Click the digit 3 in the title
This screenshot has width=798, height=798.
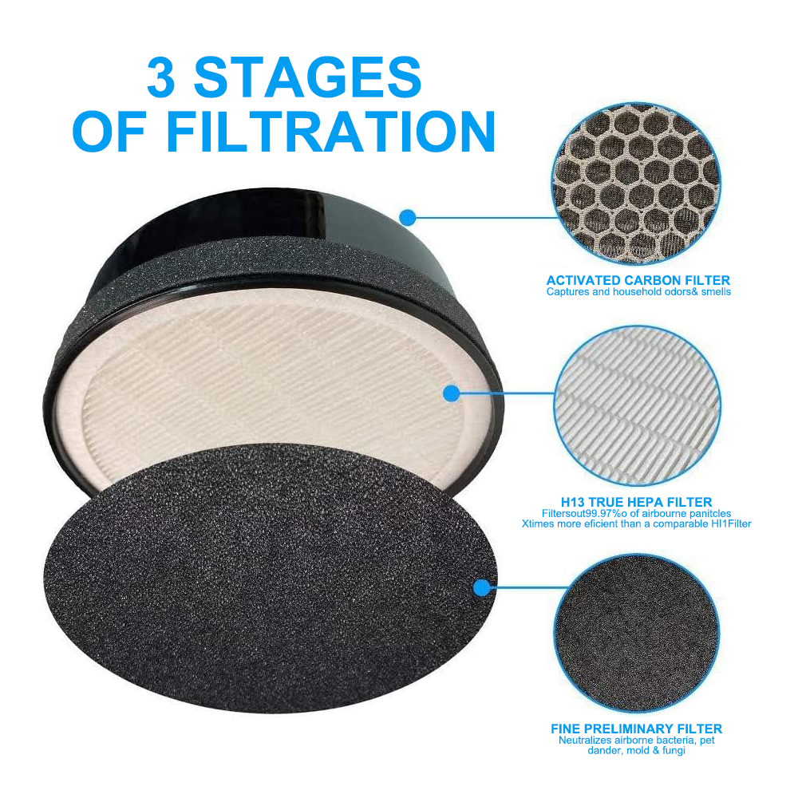(161, 77)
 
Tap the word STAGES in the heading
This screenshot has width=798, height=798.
(307, 77)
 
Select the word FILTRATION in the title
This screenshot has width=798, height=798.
(330, 132)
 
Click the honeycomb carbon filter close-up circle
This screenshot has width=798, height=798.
(636, 184)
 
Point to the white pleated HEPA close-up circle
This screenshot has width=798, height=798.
(637, 405)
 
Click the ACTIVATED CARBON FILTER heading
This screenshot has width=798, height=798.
(638, 280)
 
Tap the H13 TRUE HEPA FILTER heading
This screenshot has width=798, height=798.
(636, 502)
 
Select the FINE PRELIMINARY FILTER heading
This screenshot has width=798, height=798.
(636, 729)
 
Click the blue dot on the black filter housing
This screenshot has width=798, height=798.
(407, 218)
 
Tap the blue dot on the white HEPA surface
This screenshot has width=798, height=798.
(452, 393)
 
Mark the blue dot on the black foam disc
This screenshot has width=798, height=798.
(481, 588)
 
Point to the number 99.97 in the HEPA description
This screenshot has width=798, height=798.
(600, 513)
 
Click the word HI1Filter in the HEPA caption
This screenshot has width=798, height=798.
(731, 523)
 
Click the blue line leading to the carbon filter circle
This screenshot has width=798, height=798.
(486, 218)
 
